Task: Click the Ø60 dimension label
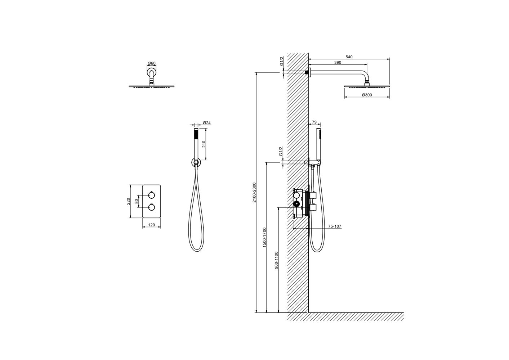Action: pyautogui.click(x=151, y=63)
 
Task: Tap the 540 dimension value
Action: pyautogui.click(x=349, y=57)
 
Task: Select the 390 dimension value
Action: pyautogui.click(x=338, y=63)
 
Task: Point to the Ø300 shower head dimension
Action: pyautogui.click(x=367, y=95)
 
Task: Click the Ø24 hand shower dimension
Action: pyautogui.click(x=207, y=123)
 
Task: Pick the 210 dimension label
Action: pyautogui.click(x=204, y=144)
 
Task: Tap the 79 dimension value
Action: pyautogui.click(x=314, y=122)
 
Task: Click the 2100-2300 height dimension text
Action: pyautogui.click(x=254, y=192)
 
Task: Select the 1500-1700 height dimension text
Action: pyautogui.click(x=264, y=237)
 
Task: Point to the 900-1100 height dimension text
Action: pyautogui.click(x=276, y=260)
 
